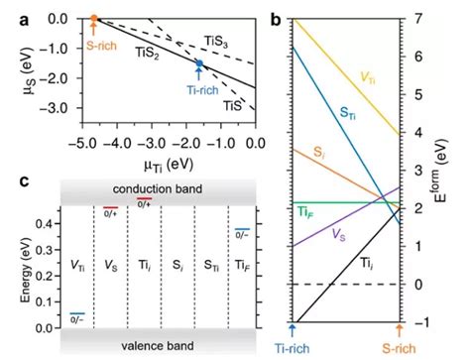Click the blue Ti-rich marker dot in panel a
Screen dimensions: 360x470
(198, 63)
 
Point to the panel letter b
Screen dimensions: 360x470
(275, 18)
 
